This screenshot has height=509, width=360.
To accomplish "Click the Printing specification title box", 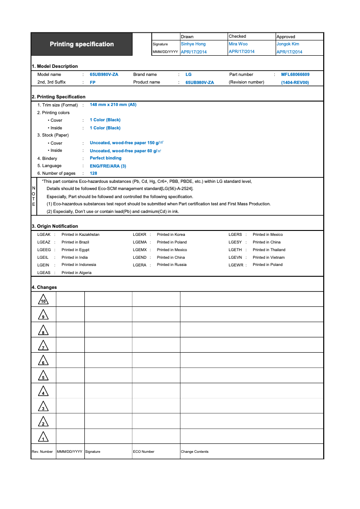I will pyautogui.click(x=82, y=44).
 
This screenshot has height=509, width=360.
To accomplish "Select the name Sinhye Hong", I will pyautogui.click(x=193, y=44).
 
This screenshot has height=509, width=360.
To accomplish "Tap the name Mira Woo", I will pyautogui.click(x=238, y=44).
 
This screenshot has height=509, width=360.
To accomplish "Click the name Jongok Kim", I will pyautogui.click(x=288, y=44).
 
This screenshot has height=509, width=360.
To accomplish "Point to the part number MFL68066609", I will pyautogui.click(x=295, y=75).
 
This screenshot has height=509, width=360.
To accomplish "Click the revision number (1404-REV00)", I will pyautogui.click(x=295, y=83).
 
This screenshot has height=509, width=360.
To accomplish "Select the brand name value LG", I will pyautogui.click(x=189, y=75).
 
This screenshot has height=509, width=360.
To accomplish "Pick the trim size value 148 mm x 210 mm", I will pyautogui.click(x=113, y=105).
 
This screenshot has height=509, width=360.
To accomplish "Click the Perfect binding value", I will pyautogui.click(x=105, y=158).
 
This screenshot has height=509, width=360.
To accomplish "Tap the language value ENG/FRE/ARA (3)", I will pyautogui.click(x=108, y=166).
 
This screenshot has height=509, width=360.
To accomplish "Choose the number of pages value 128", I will pyautogui.click(x=93, y=173).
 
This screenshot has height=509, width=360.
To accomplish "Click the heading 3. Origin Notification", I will pyautogui.click(x=55, y=226).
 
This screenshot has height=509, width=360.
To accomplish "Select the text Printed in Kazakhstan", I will pyautogui.click(x=80, y=235).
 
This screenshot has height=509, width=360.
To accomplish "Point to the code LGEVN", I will pyautogui.click(x=235, y=257).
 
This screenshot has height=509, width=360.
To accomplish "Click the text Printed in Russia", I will pyautogui.click(x=171, y=265).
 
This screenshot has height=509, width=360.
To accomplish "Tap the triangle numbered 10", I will pyautogui.click(x=43, y=300).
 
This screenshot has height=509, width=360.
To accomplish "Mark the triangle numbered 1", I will pyautogui.click(x=43, y=437).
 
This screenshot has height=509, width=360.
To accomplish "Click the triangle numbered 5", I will pyautogui.click(x=43, y=376).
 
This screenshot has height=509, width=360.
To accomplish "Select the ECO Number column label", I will pyautogui.click(x=144, y=451).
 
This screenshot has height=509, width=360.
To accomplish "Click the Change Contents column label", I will pyautogui.click(x=194, y=451).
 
